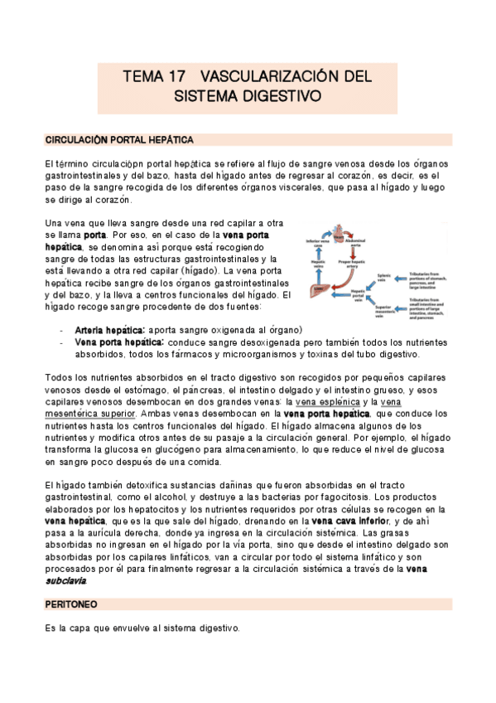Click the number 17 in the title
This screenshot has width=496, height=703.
click(176, 76)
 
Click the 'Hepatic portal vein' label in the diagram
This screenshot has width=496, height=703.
click(359, 294)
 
